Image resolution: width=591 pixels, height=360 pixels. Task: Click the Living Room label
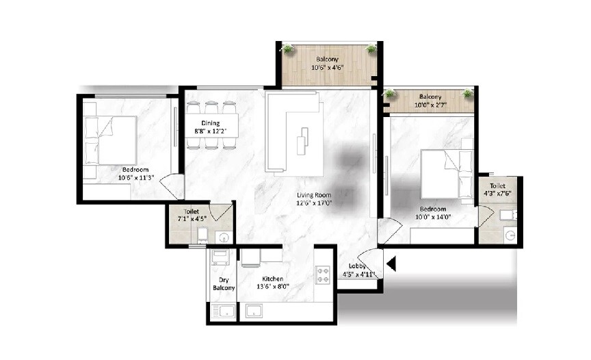313,194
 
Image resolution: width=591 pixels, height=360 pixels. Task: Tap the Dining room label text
210,123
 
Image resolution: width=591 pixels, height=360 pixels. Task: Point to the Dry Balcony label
224,284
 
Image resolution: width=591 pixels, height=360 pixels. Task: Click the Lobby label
358,266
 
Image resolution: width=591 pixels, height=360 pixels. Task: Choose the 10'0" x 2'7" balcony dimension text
429,105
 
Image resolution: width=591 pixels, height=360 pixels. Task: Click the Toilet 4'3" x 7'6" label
497,190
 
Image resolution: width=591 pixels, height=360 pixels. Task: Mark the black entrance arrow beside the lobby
391,262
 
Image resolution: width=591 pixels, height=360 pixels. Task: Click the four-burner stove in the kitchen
322,274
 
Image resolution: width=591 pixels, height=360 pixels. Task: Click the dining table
211,125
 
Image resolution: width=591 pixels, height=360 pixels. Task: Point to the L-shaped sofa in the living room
291,130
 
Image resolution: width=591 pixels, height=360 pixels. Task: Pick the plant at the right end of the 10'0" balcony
468,93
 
